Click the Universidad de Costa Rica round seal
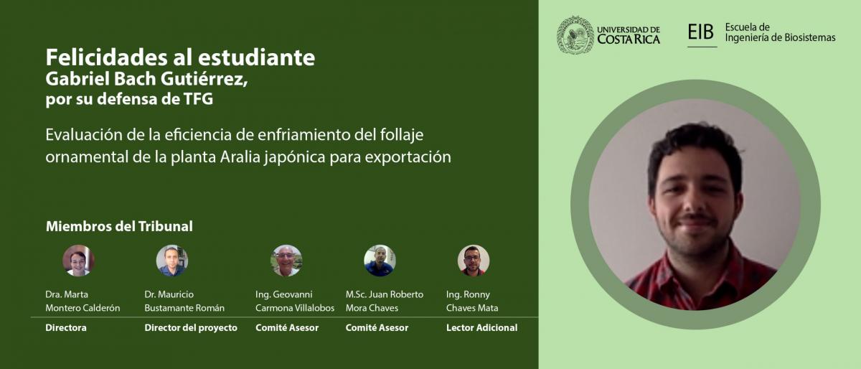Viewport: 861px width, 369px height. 575,35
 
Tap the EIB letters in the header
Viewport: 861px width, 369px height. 701,32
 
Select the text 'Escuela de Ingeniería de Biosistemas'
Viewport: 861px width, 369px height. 780,32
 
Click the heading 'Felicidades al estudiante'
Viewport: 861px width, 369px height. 180,57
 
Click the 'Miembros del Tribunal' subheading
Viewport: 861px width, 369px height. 119,226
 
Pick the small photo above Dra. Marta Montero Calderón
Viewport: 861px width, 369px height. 78,261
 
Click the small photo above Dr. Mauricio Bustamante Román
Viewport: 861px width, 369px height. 171,261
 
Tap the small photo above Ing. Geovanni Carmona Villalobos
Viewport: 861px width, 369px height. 286,261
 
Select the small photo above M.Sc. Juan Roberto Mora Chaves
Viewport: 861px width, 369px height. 380,261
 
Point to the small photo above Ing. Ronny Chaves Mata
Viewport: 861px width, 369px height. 473,261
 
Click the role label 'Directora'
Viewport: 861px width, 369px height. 66,328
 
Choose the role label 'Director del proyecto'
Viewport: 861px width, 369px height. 191,328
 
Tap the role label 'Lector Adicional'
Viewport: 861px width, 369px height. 481,328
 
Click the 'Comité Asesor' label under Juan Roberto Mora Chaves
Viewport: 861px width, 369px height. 377,328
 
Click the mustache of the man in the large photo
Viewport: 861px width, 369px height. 697,218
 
